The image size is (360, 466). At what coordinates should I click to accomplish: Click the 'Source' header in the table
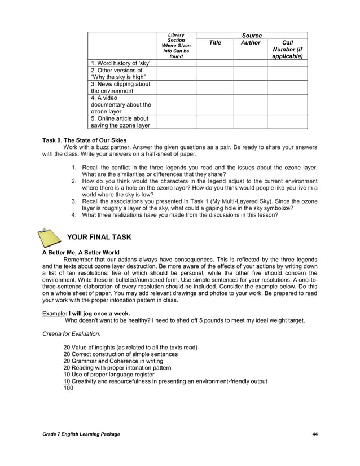(251, 36)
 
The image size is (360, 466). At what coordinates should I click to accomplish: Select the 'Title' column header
(215, 43)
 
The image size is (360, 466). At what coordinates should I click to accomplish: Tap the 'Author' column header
(251, 43)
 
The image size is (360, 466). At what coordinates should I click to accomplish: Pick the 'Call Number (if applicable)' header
(287, 50)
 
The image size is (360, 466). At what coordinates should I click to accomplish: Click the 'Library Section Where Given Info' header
(176, 46)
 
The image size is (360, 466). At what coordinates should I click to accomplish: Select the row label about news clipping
(120, 87)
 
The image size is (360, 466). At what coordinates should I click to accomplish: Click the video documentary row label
(120, 104)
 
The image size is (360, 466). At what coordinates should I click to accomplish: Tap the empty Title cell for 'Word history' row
(215, 63)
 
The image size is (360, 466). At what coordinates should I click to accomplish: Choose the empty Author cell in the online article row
(251, 122)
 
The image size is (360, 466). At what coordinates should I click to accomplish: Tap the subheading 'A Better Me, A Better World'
(81, 252)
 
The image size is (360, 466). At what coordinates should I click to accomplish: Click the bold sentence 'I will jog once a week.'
(99, 313)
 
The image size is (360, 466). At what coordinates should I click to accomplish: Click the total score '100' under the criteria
(68, 388)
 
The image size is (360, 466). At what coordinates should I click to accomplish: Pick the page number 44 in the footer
(315, 433)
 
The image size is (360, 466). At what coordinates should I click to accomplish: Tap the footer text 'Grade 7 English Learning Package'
(81, 433)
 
